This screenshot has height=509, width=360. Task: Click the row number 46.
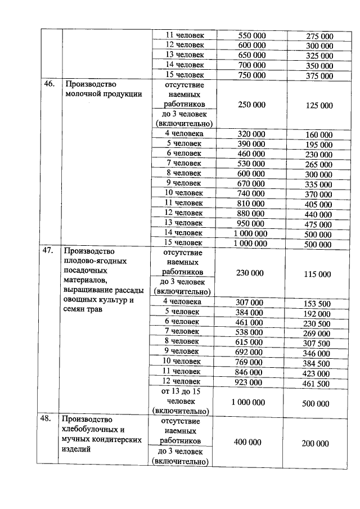[x=49, y=84]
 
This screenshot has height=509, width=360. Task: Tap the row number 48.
[x=49, y=419]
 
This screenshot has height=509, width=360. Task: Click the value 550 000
[x=250, y=36]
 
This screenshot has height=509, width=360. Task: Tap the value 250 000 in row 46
[x=250, y=105]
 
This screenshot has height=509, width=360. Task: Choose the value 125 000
[x=318, y=106]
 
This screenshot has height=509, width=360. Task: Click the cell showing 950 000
[x=250, y=223]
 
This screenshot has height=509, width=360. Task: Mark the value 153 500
[x=318, y=304]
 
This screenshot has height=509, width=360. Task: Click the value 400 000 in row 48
[x=248, y=443]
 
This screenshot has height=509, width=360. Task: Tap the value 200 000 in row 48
[x=315, y=444]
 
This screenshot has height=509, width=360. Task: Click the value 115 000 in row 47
[x=318, y=274]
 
